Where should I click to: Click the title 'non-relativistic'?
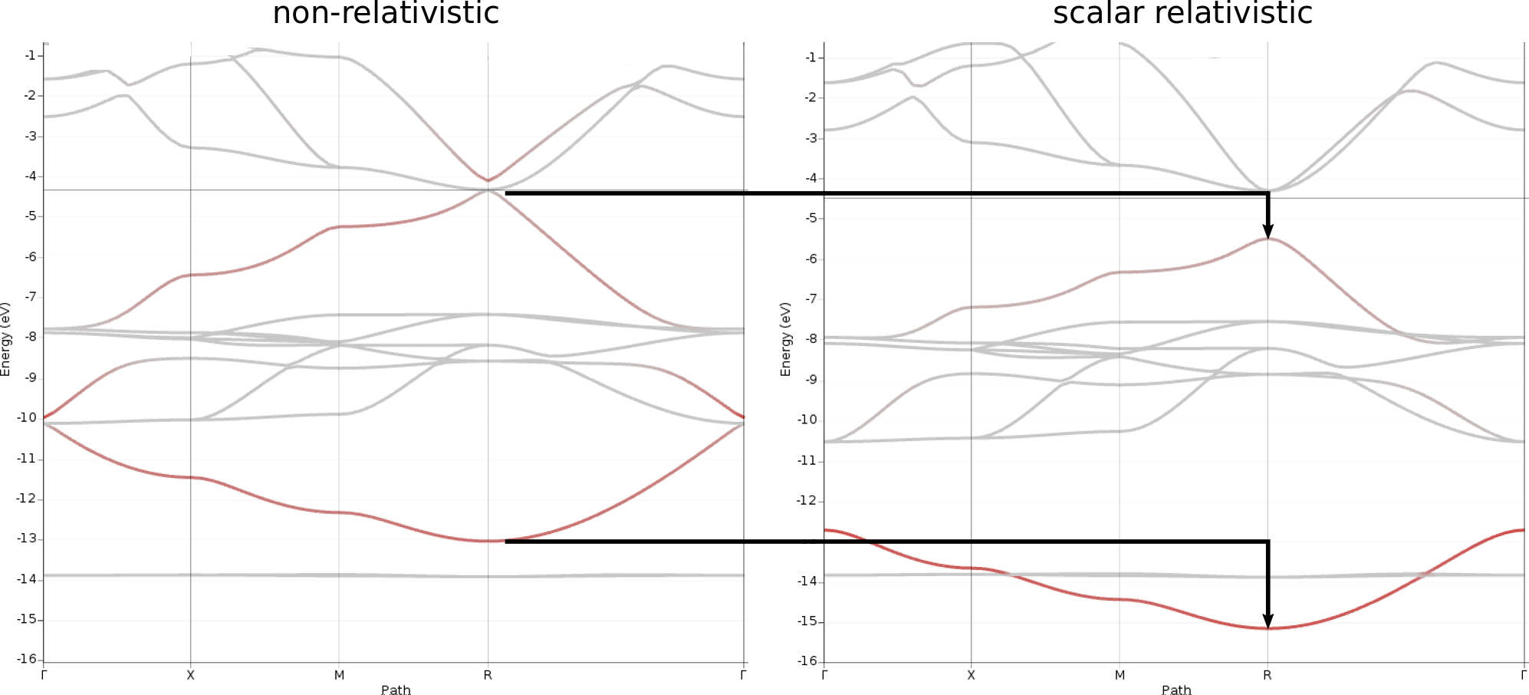[x=386, y=13]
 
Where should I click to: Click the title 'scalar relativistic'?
[x=1182, y=13]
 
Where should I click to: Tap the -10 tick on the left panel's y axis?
[x=28, y=417]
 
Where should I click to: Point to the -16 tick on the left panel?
[x=28, y=659]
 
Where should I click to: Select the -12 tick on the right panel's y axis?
[x=807, y=500]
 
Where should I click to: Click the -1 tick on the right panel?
[x=812, y=58]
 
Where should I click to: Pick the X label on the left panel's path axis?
[x=191, y=675]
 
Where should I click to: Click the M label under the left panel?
[x=339, y=675]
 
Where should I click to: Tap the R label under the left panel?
[x=488, y=675]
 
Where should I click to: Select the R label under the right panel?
[x=1268, y=675]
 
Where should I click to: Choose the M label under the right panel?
[x=1120, y=675]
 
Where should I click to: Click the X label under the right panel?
[x=972, y=675]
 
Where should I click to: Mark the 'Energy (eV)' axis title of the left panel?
[x=6, y=339]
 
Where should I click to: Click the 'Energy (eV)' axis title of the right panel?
[x=785, y=339]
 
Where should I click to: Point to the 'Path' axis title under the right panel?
[x=1176, y=690]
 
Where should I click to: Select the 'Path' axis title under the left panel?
[x=396, y=690]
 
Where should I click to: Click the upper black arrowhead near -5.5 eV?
[x=1268, y=231]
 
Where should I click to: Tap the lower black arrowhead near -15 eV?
[x=1268, y=621]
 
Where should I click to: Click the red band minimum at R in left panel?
[x=488, y=541]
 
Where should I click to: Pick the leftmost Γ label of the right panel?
[x=824, y=675]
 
